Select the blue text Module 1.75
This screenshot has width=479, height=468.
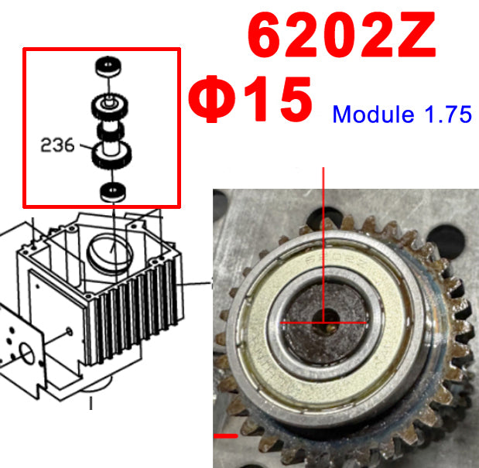point(402,114)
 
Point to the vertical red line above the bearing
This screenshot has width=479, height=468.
point(324,232)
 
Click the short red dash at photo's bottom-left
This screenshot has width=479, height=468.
point(226,436)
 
